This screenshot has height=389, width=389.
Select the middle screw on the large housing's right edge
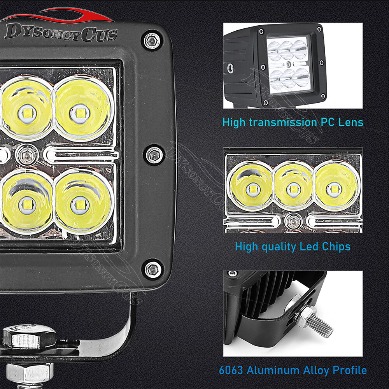pyautogui.click(x=152, y=154)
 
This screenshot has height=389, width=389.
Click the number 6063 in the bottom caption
pyautogui.click(x=230, y=370)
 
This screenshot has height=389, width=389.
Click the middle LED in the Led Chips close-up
pyautogui.click(x=293, y=189)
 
